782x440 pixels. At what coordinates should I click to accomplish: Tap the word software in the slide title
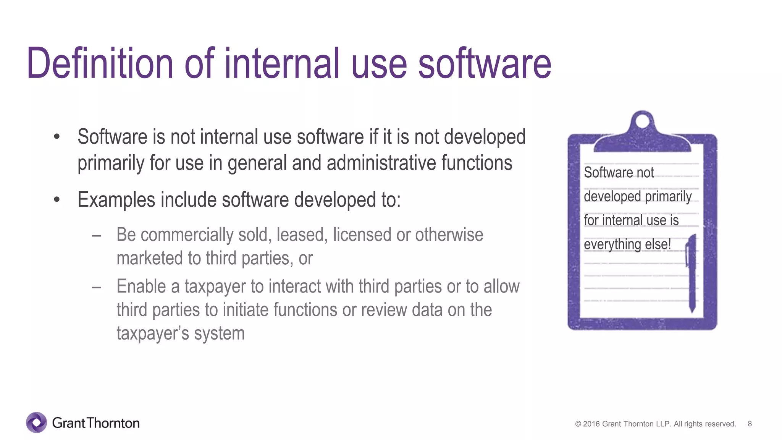click(485, 63)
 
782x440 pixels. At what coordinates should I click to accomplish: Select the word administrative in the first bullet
click(381, 163)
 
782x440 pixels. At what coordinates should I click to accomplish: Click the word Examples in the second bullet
click(116, 200)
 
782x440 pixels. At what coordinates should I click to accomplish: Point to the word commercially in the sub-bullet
click(187, 235)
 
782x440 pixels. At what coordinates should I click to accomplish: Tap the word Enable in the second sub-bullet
click(141, 286)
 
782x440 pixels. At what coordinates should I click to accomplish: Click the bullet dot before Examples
click(57, 199)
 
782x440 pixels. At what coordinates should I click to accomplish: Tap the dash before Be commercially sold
click(96, 236)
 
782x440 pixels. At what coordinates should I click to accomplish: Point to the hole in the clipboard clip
click(642, 121)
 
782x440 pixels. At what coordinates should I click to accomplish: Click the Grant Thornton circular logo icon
click(37, 422)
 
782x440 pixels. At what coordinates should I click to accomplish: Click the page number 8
click(750, 424)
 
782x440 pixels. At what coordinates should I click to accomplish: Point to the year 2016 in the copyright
click(591, 424)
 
